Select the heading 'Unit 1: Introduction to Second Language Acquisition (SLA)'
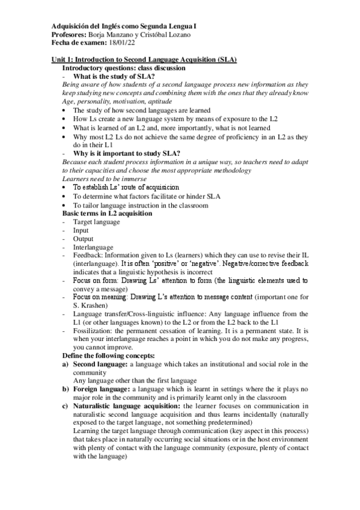[144, 60]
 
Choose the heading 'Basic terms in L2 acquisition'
[107, 214]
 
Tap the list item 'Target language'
[96, 222]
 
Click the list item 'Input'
[81, 230]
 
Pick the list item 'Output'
[84, 239]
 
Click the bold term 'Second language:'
[101, 364]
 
